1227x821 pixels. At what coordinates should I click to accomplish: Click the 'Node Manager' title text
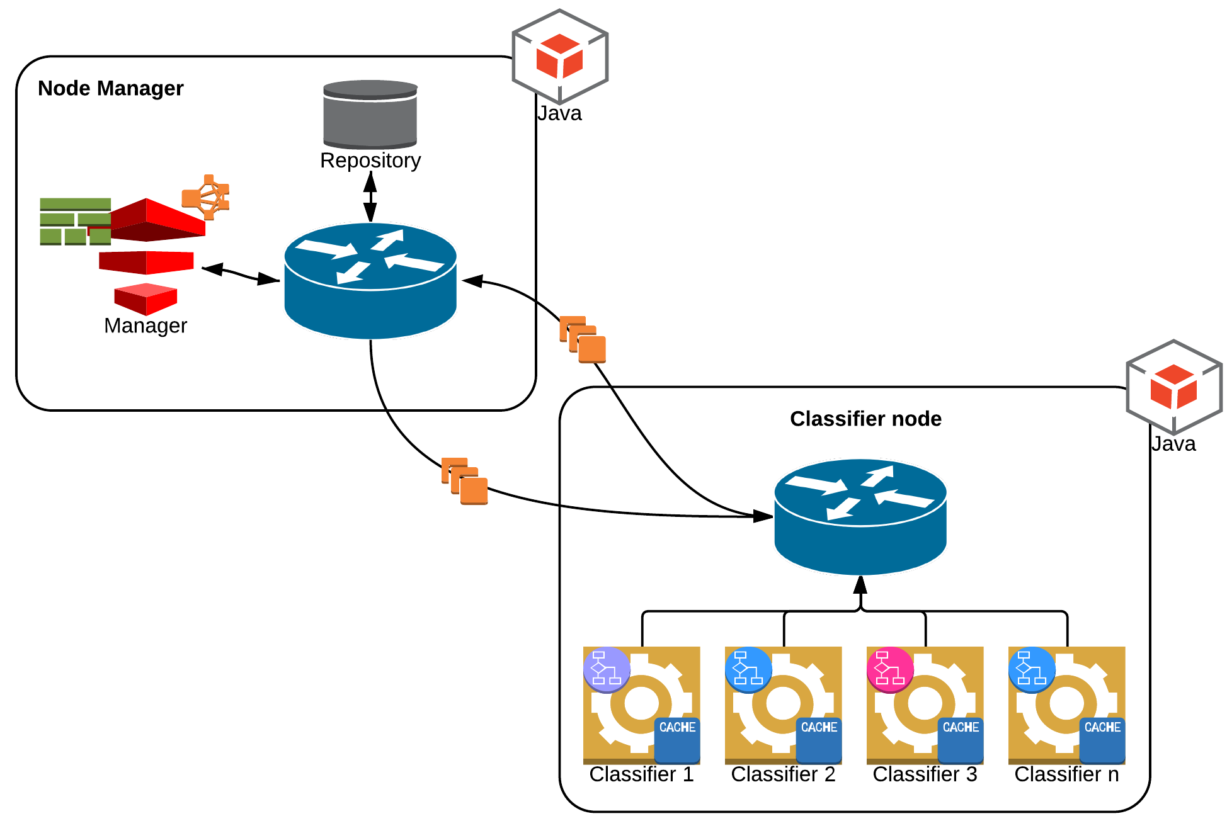(110, 88)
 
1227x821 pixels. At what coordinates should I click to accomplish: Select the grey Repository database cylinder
(370, 115)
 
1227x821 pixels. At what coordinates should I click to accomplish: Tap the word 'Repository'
(370, 161)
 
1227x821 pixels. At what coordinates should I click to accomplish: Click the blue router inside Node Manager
(370, 280)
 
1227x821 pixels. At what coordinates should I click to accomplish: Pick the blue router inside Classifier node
(860, 516)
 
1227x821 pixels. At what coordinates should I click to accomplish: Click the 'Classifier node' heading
(865, 419)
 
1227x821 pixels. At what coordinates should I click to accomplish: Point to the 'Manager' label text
(146, 326)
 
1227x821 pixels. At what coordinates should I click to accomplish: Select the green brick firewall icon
(75, 222)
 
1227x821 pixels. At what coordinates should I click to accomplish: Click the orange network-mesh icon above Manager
(206, 197)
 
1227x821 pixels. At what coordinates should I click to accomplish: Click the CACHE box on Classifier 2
(819, 740)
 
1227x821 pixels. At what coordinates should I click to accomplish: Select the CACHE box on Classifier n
(1102, 740)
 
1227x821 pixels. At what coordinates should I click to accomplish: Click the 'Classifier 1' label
(641, 774)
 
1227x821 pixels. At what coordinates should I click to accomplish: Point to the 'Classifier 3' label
(925, 774)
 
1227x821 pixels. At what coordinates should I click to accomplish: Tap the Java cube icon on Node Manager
(560, 57)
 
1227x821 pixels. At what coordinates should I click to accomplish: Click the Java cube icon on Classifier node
(1174, 387)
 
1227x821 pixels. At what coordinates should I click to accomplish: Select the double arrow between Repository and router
(370, 196)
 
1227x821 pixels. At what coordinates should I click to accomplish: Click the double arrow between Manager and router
(241, 274)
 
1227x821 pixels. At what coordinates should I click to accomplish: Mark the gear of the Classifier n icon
(1058, 702)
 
